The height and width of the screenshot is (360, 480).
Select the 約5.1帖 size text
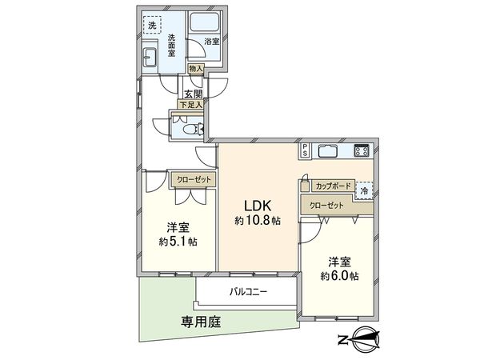click(x=178, y=241)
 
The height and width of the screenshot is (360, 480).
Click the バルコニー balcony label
click(x=248, y=292)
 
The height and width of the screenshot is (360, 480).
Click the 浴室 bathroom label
click(x=212, y=40)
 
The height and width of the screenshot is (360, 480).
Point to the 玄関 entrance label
click(x=194, y=93)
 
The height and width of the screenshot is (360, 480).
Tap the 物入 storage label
click(x=196, y=70)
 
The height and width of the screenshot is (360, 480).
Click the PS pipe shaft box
click(x=306, y=148)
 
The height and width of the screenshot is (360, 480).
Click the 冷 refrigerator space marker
click(x=364, y=190)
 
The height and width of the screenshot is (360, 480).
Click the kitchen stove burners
click(x=361, y=150)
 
